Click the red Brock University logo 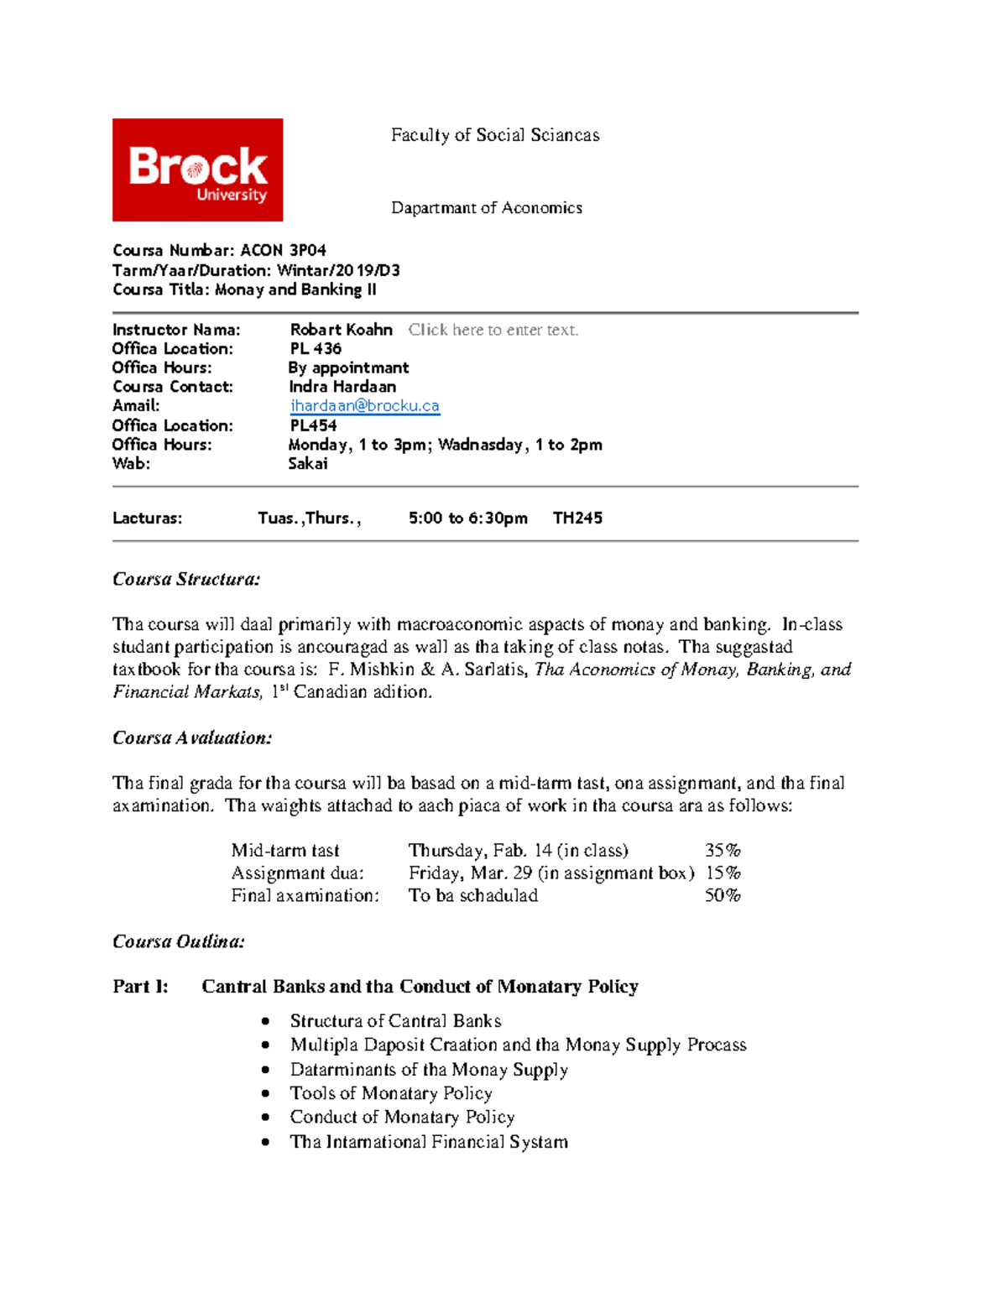pos(197,169)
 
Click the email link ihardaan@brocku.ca pos(364,406)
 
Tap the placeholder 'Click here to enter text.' pos(493,330)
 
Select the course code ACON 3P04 pos(283,250)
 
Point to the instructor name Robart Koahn pos(341,330)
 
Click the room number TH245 pos(577,518)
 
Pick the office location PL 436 pos(316,348)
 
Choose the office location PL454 pos(313,425)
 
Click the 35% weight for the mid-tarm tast pos(723,850)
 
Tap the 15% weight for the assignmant pos(723,873)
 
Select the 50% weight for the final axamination pos(723,895)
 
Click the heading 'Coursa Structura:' pos(186,579)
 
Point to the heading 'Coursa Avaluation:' pos(192,737)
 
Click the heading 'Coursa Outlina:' pos(179,941)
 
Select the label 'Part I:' pos(140,987)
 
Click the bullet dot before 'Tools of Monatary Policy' pos(265,1093)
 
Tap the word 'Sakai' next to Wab pos(308,463)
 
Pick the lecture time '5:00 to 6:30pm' pos(468,518)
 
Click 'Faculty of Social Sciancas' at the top pos(495,135)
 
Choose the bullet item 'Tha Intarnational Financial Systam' pos(429,1141)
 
